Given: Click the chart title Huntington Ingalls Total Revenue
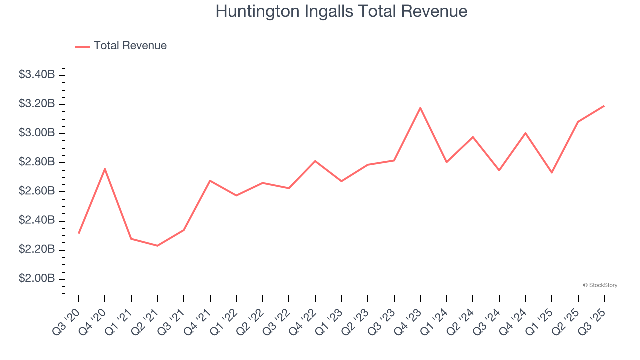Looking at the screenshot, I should [341, 11].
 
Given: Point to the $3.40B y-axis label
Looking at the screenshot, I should [37, 75].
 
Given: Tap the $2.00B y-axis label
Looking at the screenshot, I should [37, 278].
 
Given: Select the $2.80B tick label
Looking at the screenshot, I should [37, 162].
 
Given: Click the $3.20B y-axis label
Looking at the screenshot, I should [37, 104].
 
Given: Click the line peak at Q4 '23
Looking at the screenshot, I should [420, 108].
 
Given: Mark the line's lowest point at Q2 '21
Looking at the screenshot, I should [157, 245].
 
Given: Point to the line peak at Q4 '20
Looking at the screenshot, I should [105, 169].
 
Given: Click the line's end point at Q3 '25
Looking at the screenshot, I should [604, 106].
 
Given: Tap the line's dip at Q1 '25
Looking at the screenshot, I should [551, 173].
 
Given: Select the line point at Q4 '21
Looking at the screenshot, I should [210, 181].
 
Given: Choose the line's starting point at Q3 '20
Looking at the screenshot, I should [79, 233].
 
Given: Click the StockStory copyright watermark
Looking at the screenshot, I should [600, 285].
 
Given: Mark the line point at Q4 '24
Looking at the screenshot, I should [525, 133].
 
